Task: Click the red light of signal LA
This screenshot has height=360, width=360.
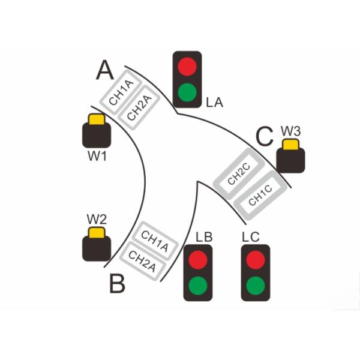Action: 187,65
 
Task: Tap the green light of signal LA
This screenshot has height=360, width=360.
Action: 187,92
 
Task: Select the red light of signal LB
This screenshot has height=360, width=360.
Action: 199,260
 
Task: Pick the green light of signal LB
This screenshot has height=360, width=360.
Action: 199,285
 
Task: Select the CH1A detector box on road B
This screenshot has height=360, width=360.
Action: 154,239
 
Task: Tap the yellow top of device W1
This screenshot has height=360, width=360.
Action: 96,119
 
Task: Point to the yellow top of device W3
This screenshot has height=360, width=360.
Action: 291,145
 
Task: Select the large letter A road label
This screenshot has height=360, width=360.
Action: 104,71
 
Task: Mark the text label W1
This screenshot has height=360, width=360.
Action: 97,158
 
